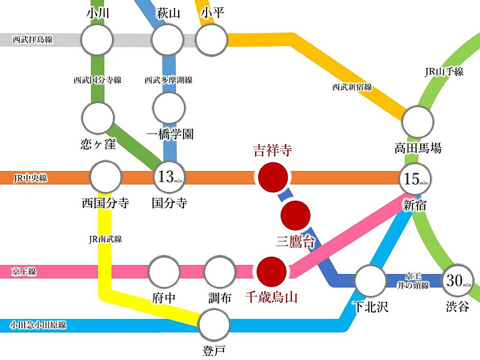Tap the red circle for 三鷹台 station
click(296, 216)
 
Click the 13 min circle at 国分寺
click(169, 177)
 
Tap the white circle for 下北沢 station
click(370, 280)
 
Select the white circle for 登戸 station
click(215, 324)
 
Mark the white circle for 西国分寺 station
click(106, 177)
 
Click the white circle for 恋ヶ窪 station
click(98, 118)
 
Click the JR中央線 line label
click(30, 178)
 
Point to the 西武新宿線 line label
click(352, 87)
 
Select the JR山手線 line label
click(444, 72)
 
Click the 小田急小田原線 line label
click(38, 324)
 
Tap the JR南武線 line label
click(106, 239)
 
